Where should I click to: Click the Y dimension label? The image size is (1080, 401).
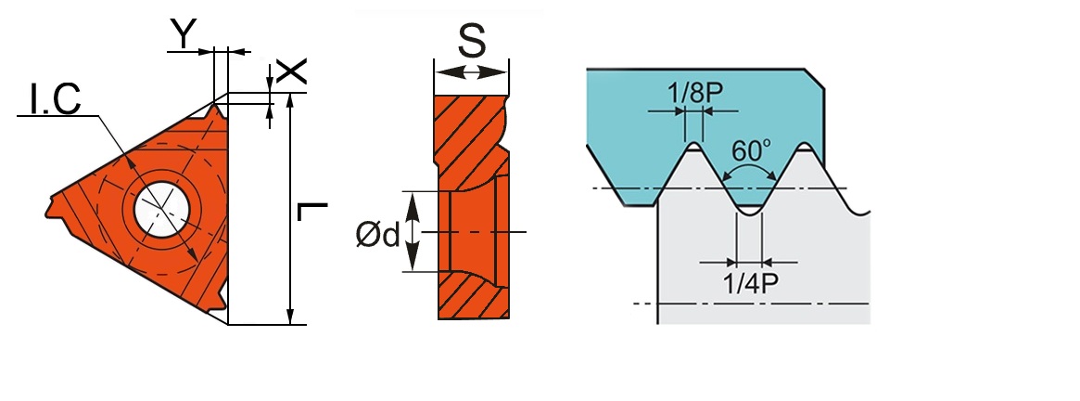coord(184,33)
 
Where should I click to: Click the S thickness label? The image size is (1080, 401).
coord(472,41)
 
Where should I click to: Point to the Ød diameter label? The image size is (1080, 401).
coord(377,236)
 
